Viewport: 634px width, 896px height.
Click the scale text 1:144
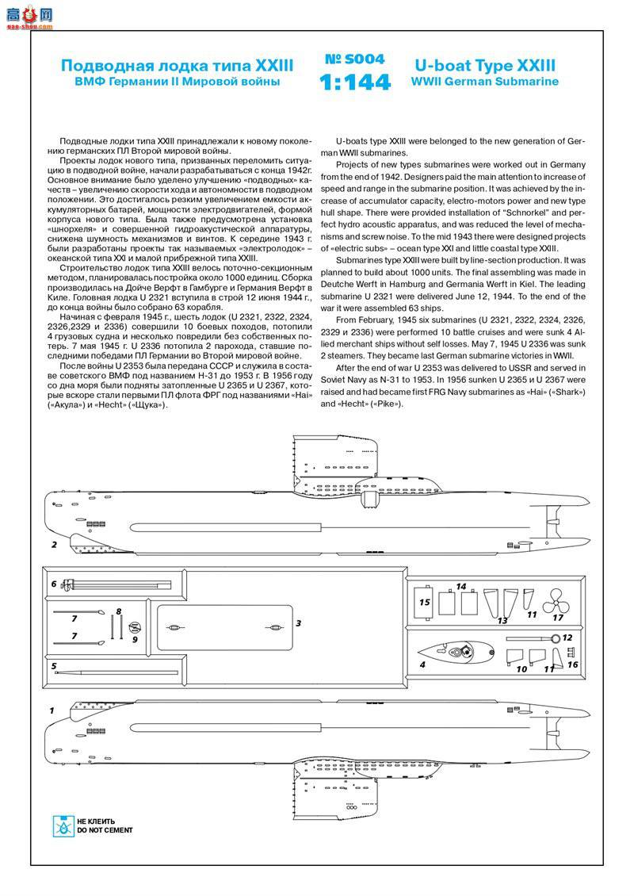[354, 82]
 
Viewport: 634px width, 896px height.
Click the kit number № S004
[354, 59]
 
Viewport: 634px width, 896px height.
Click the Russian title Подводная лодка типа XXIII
[178, 65]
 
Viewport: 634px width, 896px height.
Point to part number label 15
[424, 603]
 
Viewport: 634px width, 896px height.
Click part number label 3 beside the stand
[298, 623]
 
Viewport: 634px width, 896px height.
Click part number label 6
[54, 584]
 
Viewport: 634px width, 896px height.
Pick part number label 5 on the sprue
[54, 666]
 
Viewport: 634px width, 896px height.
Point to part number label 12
[567, 637]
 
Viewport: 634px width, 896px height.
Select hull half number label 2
[54, 545]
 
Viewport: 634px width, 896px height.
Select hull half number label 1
[52, 710]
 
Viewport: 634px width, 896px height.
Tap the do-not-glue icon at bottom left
[61, 825]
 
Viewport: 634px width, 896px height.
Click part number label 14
[460, 587]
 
